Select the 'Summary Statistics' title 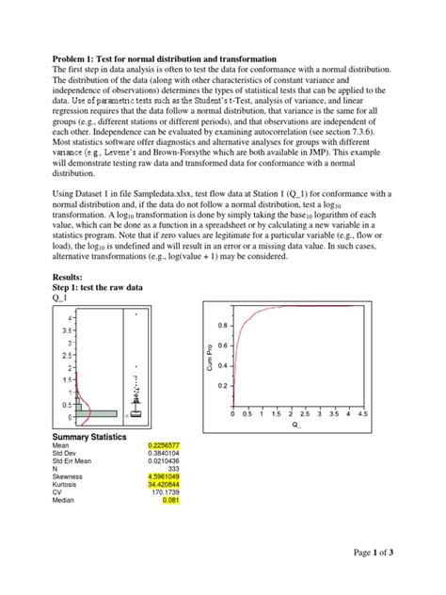pyautogui.click(x=83, y=435)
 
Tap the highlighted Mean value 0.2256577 pyautogui.click(x=162, y=445)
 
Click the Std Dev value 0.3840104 pyautogui.click(x=162, y=455)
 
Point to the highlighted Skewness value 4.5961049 pyautogui.click(x=162, y=482)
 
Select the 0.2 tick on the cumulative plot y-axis pyautogui.click(x=222, y=386)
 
